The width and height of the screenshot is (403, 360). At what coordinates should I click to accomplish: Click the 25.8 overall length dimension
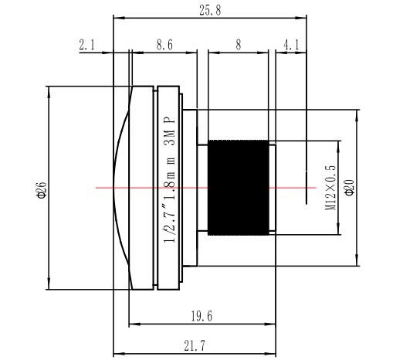[x=210, y=11]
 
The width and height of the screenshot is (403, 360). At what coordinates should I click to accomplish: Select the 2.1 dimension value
[x=87, y=45]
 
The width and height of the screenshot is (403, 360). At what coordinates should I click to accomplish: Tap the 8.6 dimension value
[x=164, y=45]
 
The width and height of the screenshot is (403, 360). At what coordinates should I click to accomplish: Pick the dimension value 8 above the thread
[x=239, y=45]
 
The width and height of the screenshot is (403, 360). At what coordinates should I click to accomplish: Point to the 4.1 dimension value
[x=291, y=45]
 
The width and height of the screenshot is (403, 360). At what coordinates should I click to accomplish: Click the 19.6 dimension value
[x=201, y=316]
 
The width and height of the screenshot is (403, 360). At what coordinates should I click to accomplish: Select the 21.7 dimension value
[x=195, y=346]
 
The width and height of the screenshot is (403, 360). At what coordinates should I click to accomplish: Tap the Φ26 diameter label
[x=42, y=190]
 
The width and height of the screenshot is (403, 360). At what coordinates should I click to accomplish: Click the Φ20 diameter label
[x=350, y=188]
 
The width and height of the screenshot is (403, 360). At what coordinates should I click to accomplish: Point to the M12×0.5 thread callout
[x=330, y=188]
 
